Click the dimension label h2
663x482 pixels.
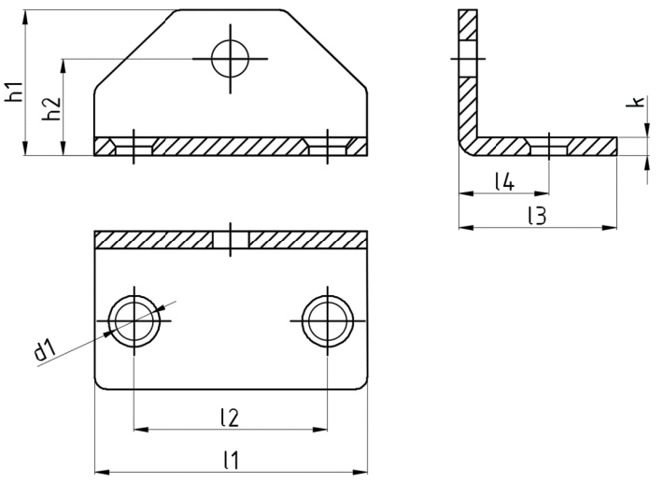click(x=53, y=108)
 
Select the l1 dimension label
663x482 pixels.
click(x=230, y=460)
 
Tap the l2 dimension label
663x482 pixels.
click(x=230, y=418)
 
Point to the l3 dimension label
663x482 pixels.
click(x=536, y=216)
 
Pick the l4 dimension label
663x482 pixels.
click(x=504, y=181)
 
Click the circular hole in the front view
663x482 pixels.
click(x=230, y=59)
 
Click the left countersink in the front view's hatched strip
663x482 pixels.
click(x=134, y=147)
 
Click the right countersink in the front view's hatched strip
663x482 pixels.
click(x=328, y=147)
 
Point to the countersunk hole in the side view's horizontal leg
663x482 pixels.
click(x=548, y=147)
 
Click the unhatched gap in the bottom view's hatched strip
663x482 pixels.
click(x=230, y=239)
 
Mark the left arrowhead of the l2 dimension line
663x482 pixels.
click(x=140, y=430)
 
